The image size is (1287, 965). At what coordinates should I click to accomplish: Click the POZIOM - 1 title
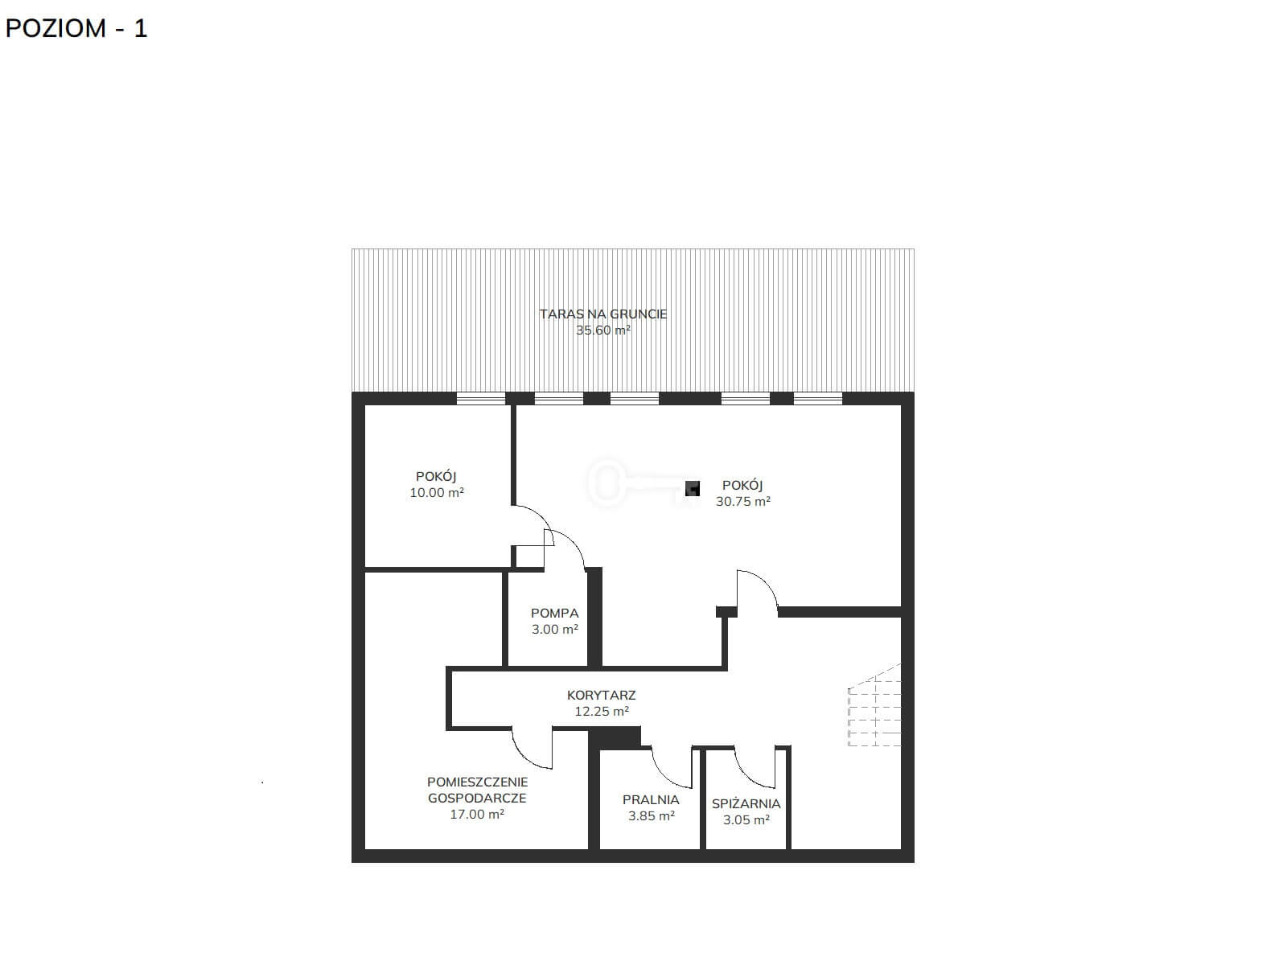click(x=76, y=28)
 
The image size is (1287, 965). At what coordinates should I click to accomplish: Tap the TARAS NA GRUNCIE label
click(x=602, y=314)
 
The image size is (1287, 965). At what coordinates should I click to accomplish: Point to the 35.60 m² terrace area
click(x=602, y=330)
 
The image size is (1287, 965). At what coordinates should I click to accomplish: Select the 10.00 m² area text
click(x=437, y=493)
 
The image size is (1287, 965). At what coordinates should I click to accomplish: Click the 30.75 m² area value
click(x=743, y=502)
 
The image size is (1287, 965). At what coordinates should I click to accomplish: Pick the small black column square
click(x=693, y=488)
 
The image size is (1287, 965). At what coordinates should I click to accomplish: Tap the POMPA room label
click(x=555, y=614)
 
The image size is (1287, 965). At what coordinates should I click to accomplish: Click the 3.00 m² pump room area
click(x=555, y=630)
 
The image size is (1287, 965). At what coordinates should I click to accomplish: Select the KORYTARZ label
click(x=601, y=696)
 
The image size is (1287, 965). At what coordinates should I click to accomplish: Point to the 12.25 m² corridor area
click(x=602, y=712)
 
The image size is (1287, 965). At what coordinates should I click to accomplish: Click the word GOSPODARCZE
click(x=477, y=798)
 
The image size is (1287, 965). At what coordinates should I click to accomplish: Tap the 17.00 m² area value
click(x=477, y=815)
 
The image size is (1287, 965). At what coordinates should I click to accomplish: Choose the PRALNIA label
click(x=651, y=800)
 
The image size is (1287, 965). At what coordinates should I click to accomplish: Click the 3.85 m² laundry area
click(x=651, y=815)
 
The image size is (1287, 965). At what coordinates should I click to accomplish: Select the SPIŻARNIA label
click(x=746, y=804)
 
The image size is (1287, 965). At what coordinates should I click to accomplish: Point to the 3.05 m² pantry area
click(x=746, y=819)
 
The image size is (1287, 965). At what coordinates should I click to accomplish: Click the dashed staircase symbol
click(x=874, y=705)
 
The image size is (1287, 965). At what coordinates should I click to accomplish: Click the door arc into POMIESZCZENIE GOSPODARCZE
click(x=526, y=756)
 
